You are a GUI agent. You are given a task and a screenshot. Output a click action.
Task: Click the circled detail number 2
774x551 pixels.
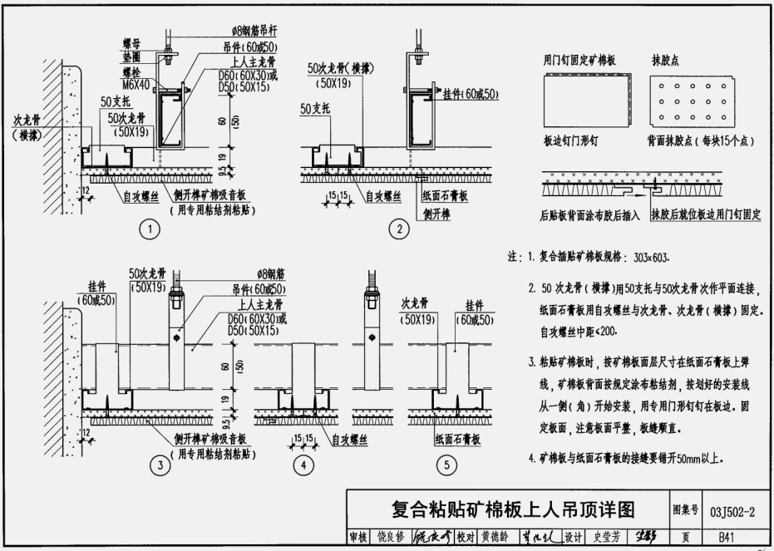coord(401,230)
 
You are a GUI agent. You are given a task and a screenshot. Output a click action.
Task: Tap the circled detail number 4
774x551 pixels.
coord(305,467)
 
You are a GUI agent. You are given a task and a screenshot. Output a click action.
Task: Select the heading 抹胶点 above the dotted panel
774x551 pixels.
coord(666,61)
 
